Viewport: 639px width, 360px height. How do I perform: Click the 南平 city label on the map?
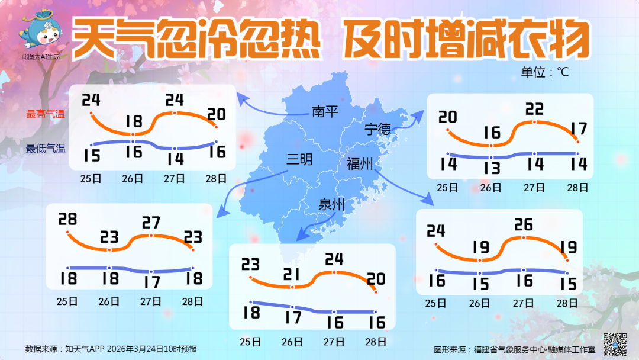[325, 111]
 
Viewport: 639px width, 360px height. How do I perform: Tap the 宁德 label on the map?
[377, 129]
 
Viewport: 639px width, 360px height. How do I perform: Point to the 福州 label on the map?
[359, 163]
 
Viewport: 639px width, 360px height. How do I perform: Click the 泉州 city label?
[332, 205]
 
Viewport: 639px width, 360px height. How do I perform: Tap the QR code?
[615, 344]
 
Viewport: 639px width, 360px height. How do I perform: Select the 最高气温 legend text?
[45, 114]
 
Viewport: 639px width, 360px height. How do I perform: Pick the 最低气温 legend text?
[45, 149]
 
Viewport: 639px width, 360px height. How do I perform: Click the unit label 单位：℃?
[544, 72]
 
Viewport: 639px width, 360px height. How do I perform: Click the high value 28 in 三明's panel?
[68, 220]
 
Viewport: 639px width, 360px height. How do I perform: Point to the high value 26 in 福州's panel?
[524, 225]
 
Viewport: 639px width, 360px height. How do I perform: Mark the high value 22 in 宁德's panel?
[534, 110]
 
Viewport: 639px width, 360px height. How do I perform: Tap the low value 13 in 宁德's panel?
[491, 168]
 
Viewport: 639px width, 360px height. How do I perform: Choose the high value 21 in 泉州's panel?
[292, 274]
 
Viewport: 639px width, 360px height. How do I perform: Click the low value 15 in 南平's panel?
[91, 156]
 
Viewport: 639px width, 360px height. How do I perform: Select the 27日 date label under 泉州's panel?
[334, 342]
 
